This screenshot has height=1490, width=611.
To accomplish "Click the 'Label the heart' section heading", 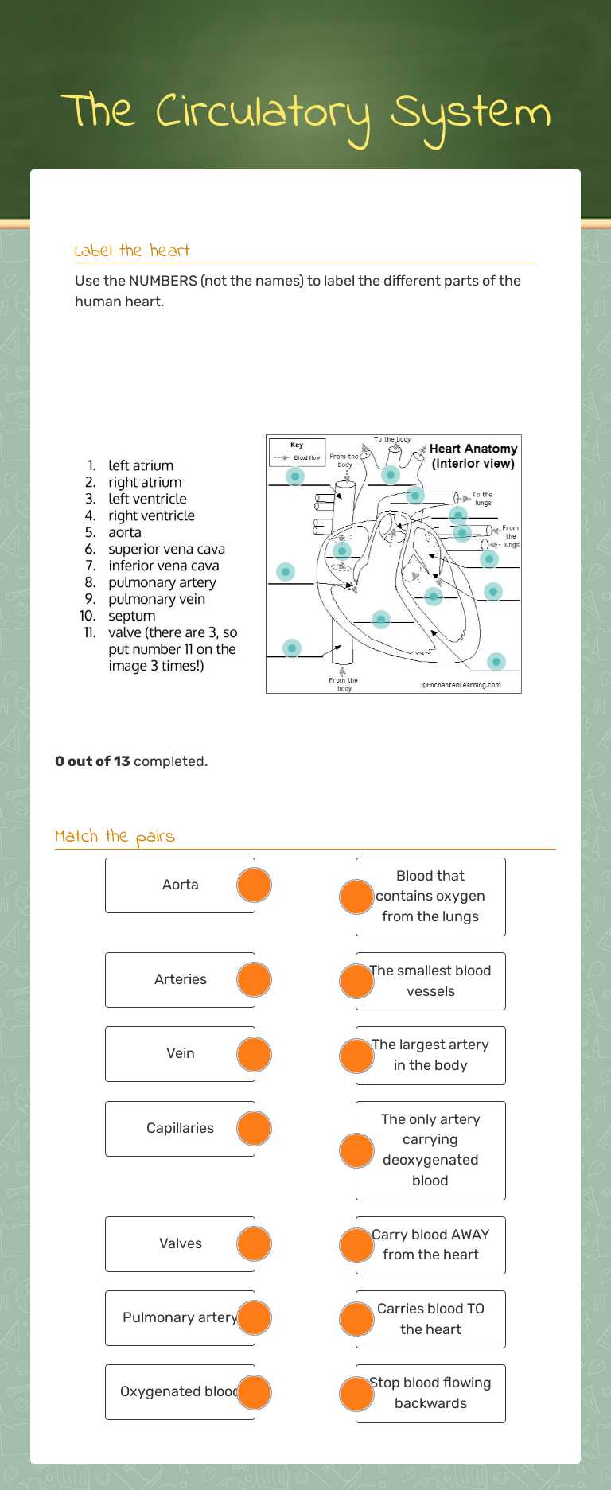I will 132,251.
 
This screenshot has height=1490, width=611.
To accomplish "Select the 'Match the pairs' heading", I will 115,836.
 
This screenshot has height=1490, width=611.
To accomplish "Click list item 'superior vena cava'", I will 166,549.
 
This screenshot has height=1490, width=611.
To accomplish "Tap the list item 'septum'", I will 132,616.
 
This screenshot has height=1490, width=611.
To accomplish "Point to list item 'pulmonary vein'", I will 157,599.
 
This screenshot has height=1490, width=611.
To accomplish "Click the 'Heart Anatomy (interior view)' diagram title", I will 473,456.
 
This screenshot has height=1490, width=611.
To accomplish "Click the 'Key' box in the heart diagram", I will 297,452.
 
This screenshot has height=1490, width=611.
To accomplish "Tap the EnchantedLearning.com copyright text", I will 461,685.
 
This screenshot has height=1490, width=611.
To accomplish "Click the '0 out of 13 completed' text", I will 131,761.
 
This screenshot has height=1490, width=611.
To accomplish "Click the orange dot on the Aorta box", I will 254,885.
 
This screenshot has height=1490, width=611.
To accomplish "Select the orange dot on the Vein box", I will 254,1054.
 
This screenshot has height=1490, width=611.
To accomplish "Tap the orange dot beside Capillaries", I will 254,1129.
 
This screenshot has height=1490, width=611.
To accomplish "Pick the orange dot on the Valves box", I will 254,1244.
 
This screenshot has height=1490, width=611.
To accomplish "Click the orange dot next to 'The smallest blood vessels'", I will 356,981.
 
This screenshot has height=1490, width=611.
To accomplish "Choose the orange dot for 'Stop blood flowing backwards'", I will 356,1394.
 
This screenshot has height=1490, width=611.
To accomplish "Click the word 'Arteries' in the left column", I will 181,979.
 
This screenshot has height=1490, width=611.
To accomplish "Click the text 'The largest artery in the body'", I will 430,1055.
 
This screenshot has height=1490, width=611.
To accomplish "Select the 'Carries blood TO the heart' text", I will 430,1319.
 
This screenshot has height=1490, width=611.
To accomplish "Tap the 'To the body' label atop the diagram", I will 392,439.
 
